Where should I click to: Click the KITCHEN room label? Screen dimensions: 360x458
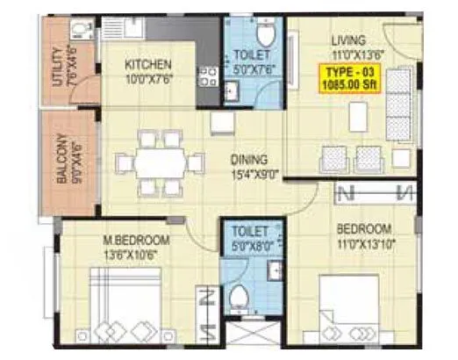click(x=147, y=65)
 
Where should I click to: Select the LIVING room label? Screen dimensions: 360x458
click(x=347, y=40)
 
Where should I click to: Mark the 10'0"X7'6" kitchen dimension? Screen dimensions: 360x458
click(x=147, y=78)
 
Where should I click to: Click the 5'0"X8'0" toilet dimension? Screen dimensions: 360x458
click(x=248, y=246)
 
